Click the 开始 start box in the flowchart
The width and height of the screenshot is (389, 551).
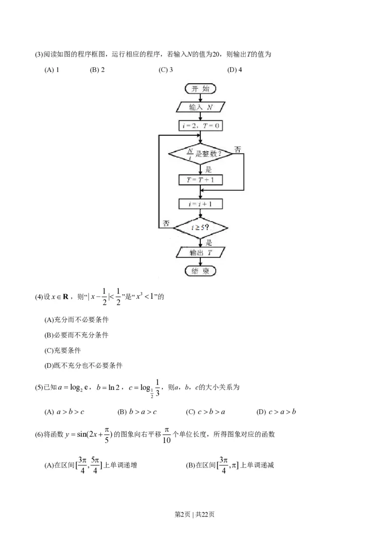(200, 89)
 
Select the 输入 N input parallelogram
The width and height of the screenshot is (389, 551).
(200, 107)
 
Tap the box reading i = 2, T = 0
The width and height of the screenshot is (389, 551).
(200, 126)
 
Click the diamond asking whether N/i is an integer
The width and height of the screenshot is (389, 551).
(200, 153)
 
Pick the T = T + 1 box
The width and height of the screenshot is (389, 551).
(200, 180)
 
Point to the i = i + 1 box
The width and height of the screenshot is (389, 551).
(200, 204)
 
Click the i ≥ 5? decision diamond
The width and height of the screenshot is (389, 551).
(200, 227)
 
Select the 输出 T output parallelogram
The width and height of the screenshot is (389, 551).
(200, 252)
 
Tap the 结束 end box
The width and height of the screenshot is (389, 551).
(200, 271)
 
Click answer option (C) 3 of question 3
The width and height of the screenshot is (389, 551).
(166, 70)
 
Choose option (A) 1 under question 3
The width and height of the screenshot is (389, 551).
(52, 70)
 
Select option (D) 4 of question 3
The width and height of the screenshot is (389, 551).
(234, 70)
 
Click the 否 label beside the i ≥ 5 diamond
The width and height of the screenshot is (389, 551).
(166, 223)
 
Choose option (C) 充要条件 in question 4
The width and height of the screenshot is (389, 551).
(63, 350)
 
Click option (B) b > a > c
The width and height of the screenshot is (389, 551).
(137, 412)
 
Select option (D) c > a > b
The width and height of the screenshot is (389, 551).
(276, 412)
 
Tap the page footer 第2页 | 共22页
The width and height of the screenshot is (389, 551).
(194, 514)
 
